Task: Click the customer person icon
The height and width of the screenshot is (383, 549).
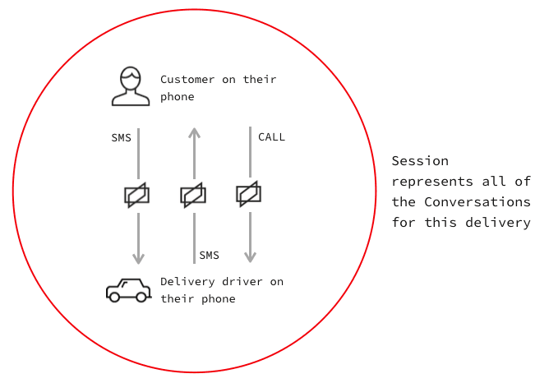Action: point(131,87)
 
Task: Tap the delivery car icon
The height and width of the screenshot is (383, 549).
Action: point(127,289)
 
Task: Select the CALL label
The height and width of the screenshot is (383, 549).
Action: point(271,137)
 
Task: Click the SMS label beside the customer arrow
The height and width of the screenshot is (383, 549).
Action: point(121,137)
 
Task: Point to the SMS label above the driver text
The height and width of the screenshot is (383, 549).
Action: point(209,256)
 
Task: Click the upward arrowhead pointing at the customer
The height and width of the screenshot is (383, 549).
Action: point(194,132)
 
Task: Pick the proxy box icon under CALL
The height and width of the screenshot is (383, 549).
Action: point(248,194)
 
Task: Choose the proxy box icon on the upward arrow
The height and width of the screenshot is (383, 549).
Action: point(193,196)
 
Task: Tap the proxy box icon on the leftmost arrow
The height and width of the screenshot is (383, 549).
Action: point(137,196)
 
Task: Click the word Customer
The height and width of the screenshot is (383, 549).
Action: point(187,80)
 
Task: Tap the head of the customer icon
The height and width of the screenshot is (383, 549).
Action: point(131,79)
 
